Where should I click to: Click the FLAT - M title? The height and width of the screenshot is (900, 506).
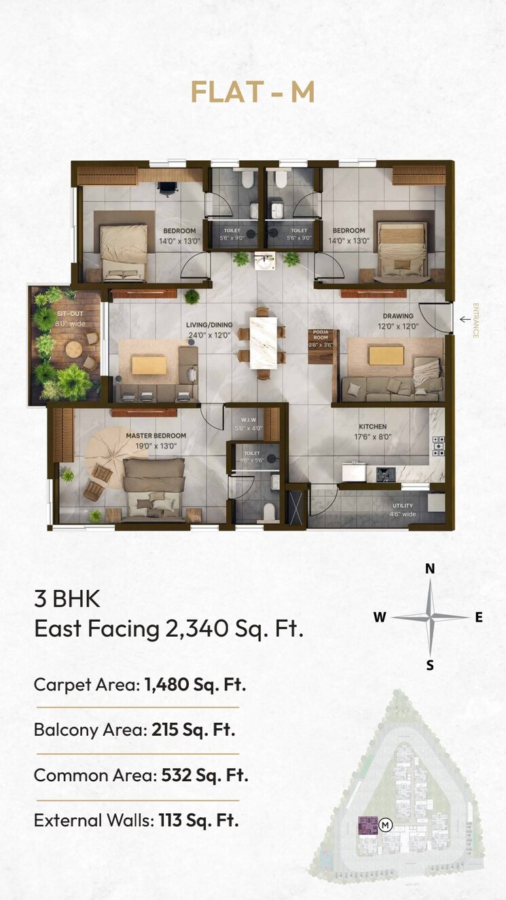coord(253,92)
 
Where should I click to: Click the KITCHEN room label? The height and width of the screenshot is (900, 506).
coord(372,427)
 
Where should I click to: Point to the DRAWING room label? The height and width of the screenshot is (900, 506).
coord(398,316)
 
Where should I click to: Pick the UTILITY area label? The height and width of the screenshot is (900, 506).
coord(402,506)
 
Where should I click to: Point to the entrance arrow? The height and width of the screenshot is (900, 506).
coord(465,319)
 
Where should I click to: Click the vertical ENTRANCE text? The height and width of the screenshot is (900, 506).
coord(475,320)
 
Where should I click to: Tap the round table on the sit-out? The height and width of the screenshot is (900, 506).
coord(73,349)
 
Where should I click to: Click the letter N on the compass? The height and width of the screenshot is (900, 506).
coord(430,569)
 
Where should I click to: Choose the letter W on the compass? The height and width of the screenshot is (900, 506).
coord(380,617)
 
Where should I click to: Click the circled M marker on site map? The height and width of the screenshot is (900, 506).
coord(385,825)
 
